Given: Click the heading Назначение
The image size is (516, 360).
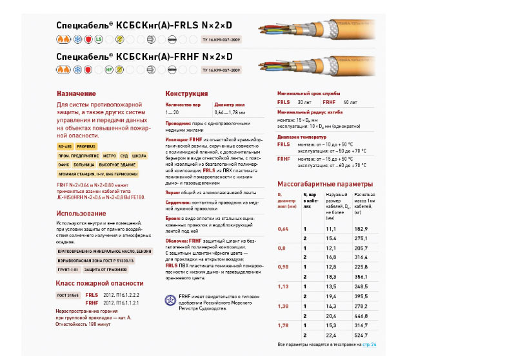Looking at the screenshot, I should pos(76,94).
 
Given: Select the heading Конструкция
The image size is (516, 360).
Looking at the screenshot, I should pos(186,94).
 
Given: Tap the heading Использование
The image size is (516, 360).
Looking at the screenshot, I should pos(81,214).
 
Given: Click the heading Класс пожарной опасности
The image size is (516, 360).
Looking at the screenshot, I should pos(99,283).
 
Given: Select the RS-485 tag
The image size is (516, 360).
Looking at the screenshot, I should pos(65,146).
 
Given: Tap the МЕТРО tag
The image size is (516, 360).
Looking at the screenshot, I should pos(108,155).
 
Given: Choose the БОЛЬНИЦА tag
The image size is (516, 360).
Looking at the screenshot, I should pos(84,165).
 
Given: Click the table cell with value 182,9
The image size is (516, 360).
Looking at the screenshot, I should pos(361,229).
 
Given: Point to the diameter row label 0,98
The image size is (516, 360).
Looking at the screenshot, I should pos(283,266).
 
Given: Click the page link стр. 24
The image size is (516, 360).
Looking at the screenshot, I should pos(370,345).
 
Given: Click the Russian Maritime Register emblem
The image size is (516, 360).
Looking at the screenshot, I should pos(171,300).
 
